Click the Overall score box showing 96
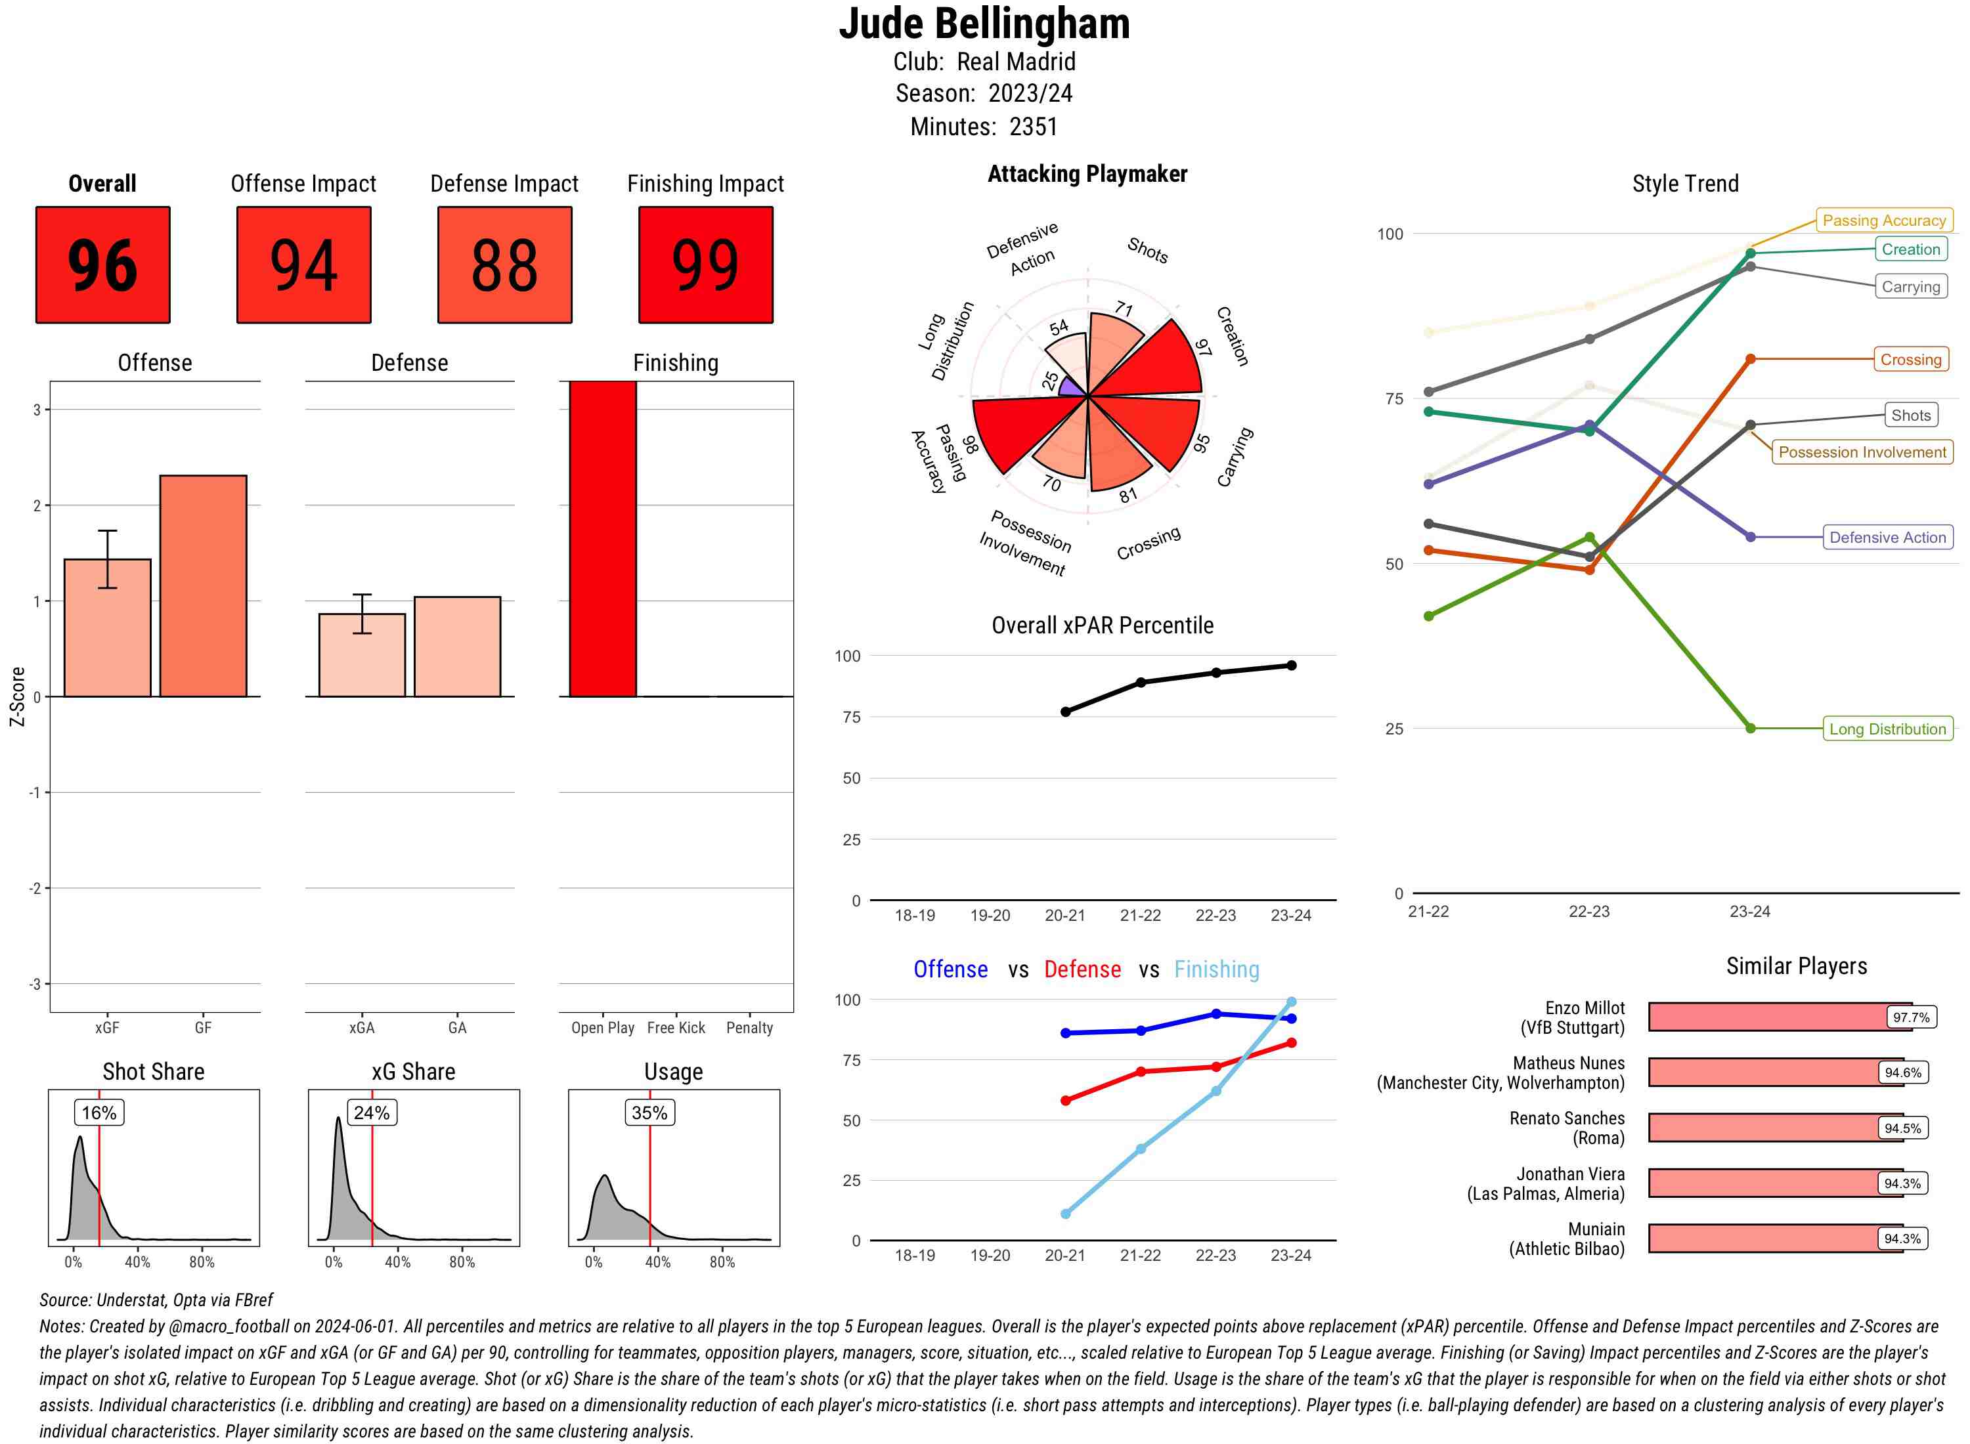click(x=102, y=265)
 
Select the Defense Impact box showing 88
click(x=504, y=265)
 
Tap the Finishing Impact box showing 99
click(x=706, y=265)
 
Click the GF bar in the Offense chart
click(x=203, y=585)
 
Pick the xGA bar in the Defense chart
click(x=362, y=656)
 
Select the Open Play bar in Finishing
click(x=602, y=538)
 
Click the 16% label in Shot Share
click(x=98, y=1113)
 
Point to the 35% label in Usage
click(x=649, y=1113)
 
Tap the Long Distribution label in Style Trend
click(x=1887, y=729)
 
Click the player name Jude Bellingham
click(x=984, y=24)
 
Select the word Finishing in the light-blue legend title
click(x=1216, y=969)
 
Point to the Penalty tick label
click(x=749, y=1028)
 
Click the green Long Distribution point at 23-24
click(x=1751, y=728)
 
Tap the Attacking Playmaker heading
click(x=1087, y=174)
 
